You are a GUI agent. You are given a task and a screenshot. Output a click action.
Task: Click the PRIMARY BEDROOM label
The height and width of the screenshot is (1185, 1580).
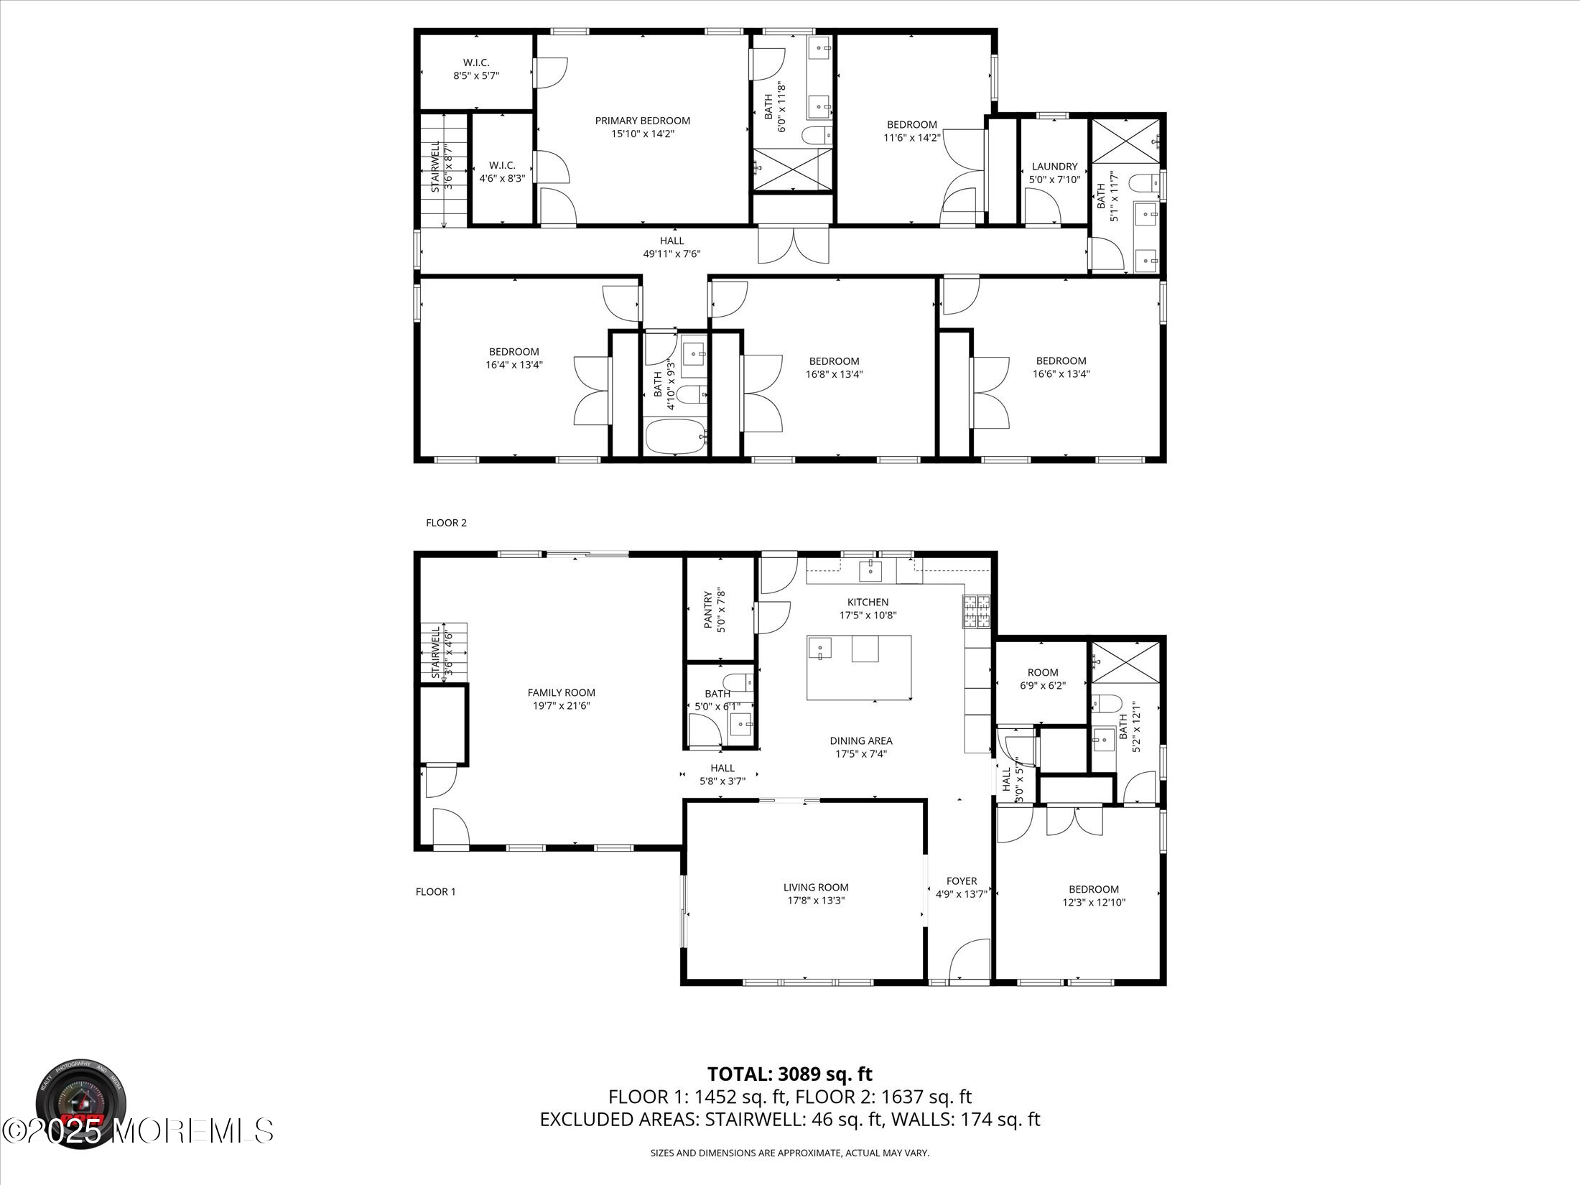(642, 121)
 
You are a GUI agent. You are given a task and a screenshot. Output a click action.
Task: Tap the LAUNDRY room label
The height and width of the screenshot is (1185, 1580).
(1054, 167)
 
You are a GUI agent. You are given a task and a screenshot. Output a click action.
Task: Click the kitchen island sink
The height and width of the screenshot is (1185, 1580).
(819, 649)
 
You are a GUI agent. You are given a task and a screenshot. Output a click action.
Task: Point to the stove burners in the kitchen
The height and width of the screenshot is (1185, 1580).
(976, 613)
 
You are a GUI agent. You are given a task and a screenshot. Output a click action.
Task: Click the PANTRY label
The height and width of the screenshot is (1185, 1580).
(708, 610)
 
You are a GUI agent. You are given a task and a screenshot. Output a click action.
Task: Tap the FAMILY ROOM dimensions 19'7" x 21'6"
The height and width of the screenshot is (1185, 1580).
(561, 706)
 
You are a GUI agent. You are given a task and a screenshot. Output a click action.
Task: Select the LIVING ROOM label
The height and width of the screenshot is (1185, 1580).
(815, 887)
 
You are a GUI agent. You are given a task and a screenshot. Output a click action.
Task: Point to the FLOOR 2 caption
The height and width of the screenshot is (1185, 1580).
(446, 523)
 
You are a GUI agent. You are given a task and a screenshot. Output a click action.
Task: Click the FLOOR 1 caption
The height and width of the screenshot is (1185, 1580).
(435, 892)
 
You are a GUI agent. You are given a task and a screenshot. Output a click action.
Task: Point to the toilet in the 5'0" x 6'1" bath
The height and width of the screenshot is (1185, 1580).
(737, 681)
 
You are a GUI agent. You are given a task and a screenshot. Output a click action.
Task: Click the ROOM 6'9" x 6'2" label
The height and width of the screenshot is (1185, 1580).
(1042, 672)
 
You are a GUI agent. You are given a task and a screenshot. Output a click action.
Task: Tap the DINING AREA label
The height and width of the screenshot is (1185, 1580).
(860, 740)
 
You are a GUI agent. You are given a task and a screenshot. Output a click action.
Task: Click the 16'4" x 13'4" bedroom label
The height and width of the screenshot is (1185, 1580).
(513, 351)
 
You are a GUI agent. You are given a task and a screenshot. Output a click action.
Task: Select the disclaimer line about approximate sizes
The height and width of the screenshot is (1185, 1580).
(789, 1153)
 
